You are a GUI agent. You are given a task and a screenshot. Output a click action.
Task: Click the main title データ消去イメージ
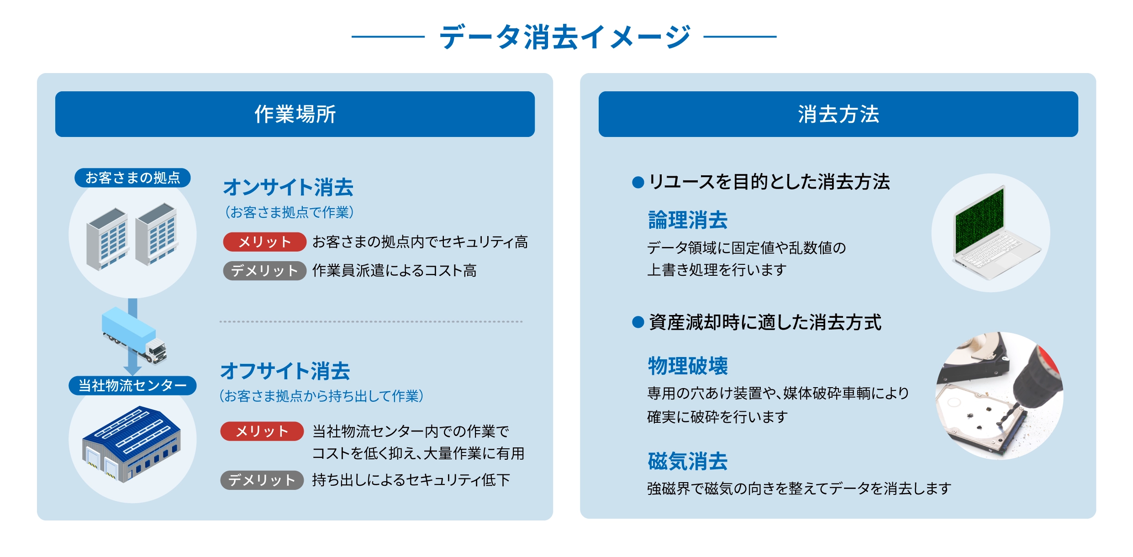click(564, 37)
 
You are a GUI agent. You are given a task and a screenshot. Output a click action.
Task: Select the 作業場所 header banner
click(295, 114)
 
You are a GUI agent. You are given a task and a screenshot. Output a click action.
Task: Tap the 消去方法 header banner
click(838, 114)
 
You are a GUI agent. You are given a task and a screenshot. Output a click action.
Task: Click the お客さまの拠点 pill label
click(132, 178)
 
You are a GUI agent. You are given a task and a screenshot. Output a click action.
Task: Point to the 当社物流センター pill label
click(132, 385)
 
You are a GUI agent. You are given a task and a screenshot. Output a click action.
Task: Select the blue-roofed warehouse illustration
click(132, 444)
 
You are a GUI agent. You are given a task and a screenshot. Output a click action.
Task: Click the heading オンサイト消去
click(288, 187)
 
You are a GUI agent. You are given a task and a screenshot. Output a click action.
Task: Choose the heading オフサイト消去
click(285, 371)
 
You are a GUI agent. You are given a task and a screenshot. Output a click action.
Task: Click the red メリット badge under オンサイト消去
click(264, 242)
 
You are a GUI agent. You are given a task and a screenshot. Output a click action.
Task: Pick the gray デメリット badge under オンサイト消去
click(264, 271)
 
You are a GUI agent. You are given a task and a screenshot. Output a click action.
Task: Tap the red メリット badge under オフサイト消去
click(262, 431)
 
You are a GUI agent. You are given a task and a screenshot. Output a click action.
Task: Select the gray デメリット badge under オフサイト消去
click(262, 480)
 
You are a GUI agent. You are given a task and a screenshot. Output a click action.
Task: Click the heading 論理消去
click(688, 220)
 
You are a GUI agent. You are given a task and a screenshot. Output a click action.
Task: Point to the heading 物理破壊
click(688, 366)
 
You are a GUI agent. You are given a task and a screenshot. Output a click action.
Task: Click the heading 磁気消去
click(688, 461)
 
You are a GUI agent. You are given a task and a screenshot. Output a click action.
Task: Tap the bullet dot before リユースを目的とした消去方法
click(638, 183)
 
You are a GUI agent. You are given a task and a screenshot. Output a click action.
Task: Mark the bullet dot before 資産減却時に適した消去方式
click(638, 322)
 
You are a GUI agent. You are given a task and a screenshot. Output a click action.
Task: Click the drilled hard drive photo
click(999, 396)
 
